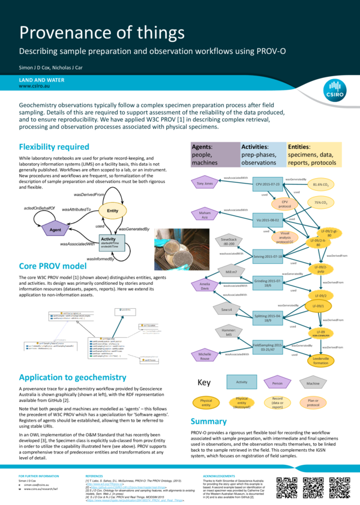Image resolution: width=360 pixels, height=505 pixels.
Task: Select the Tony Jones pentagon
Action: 202,183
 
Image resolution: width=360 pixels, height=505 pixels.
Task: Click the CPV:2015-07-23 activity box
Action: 268,185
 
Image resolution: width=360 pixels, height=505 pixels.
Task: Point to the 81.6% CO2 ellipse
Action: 323,185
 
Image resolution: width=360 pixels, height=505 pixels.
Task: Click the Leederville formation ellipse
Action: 320,360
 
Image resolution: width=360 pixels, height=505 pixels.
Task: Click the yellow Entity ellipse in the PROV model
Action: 112,211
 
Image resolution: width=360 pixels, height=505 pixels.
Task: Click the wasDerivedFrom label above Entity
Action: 89,195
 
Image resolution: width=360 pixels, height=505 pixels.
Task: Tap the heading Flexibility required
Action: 54,147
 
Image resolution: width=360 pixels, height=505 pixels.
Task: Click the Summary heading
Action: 208,421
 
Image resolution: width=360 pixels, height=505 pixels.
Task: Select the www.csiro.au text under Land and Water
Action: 34,86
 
